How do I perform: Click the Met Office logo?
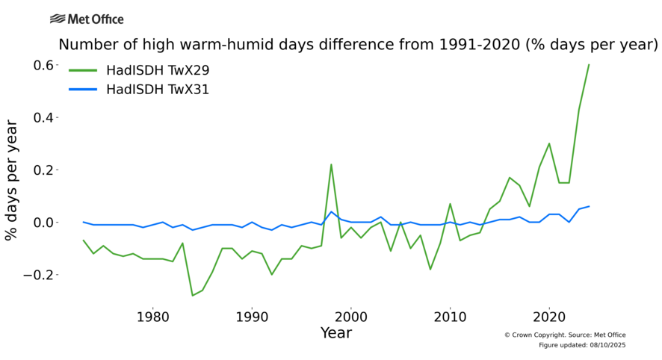(87, 19)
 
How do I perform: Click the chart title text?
(358, 45)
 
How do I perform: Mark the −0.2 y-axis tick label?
(42, 274)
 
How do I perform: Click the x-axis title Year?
(336, 333)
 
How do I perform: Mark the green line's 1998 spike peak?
(331, 164)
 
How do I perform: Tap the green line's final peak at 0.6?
(589, 65)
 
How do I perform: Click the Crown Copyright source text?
(565, 335)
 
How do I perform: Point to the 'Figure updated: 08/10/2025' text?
(582, 345)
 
